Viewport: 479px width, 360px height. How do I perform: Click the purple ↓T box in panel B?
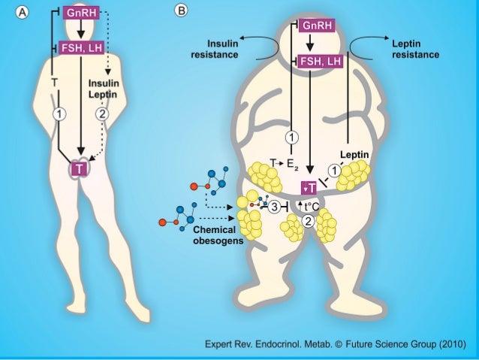pyautogui.click(x=309, y=188)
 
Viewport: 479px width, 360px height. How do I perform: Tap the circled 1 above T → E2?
pyautogui.click(x=291, y=138)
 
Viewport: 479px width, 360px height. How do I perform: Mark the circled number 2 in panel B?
pyautogui.click(x=308, y=220)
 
